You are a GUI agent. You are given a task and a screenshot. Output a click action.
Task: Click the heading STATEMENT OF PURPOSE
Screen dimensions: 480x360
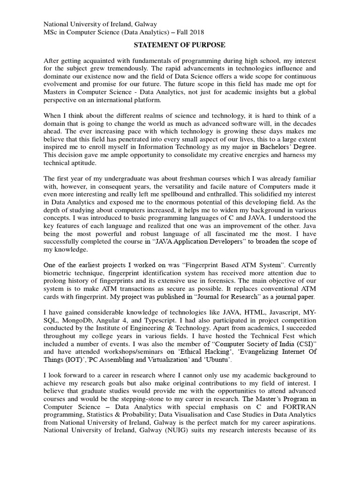tap(180, 45)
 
